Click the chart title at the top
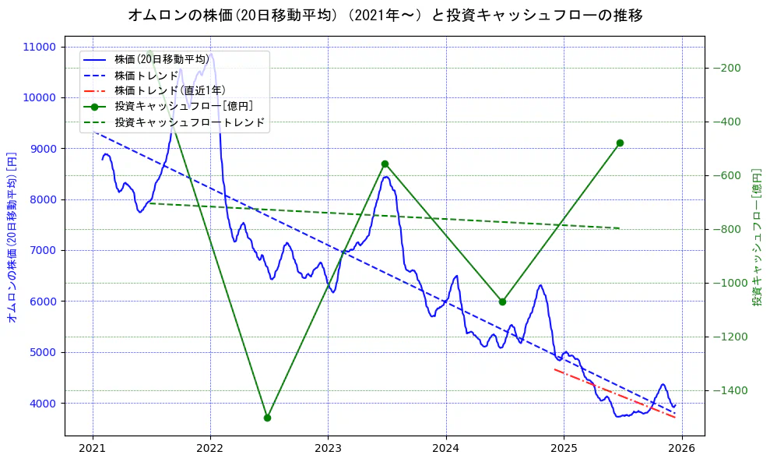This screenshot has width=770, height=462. (x=385, y=15)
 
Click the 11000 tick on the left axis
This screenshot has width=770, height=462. (x=40, y=47)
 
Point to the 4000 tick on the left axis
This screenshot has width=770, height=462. (x=43, y=404)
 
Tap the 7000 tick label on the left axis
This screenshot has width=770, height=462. (x=43, y=251)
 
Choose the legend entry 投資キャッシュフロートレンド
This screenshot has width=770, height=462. (x=189, y=122)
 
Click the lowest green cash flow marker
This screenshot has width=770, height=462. (x=267, y=418)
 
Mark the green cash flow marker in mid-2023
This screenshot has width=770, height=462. (x=385, y=164)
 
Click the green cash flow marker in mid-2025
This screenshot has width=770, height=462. (x=620, y=143)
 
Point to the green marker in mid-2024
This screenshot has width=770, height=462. (x=502, y=302)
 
